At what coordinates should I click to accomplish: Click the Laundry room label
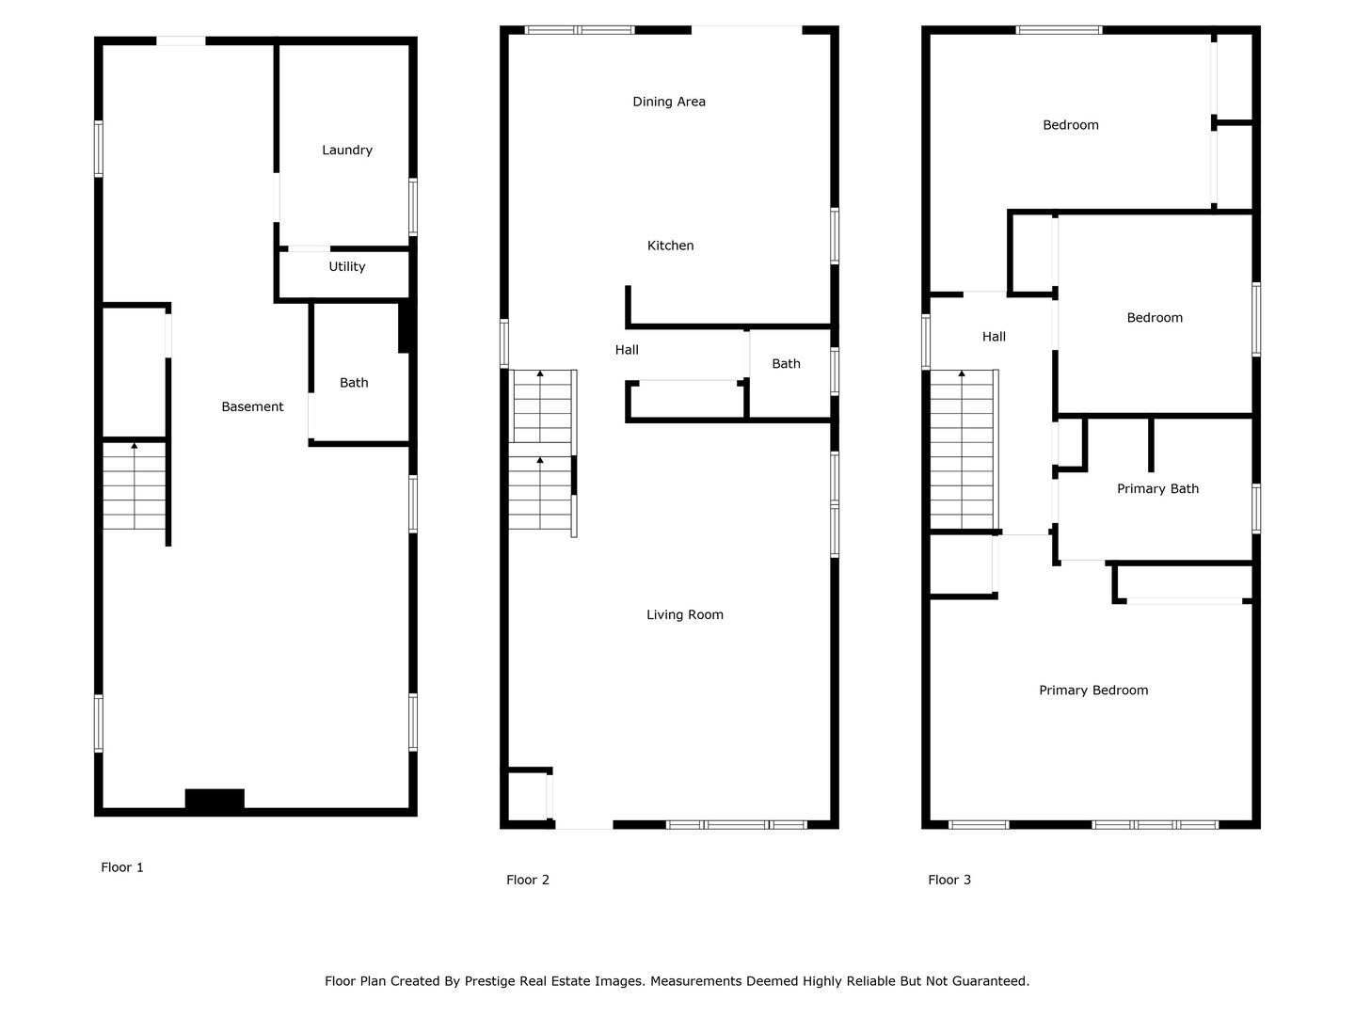(x=347, y=150)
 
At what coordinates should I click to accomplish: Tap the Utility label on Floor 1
(x=347, y=266)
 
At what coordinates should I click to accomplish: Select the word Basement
(x=252, y=406)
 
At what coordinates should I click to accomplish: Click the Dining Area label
(x=669, y=102)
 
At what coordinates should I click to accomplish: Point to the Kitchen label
(x=670, y=246)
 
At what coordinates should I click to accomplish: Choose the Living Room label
(x=685, y=614)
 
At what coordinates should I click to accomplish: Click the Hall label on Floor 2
(x=627, y=350)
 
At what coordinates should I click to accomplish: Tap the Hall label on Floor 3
(x=994, y=337)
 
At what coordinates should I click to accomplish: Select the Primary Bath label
(x=1157, y=488)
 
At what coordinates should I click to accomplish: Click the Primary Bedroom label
(x=1093, y=691)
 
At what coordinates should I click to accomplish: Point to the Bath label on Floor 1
(x=354, y=383)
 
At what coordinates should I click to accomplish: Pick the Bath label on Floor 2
(x=786, y=364)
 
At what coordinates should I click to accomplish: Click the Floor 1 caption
(x=122, y=867)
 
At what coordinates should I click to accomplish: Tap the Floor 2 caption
(x=528, y=880)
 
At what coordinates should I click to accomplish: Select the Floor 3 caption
(x=949, y=880)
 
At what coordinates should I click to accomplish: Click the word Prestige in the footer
(x=489, y=981)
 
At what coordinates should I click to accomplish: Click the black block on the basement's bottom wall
(x=215, y=799)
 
